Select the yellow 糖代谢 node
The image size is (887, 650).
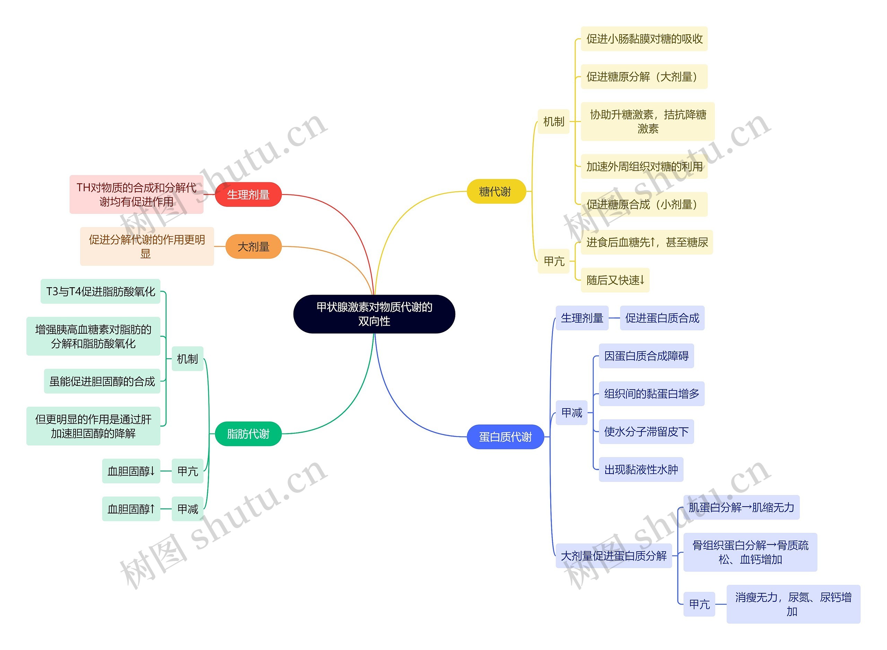[x=495, y=192]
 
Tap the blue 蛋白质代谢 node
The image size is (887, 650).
[x=505, y=437]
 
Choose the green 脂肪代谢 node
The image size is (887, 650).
[x=248, y=433]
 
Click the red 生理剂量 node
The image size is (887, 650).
[x=248, y=194]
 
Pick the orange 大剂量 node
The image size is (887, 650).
[x=253, y=247]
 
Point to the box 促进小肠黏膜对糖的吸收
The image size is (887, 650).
[x=644, y=39]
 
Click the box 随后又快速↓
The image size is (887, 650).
[x=615, y=280]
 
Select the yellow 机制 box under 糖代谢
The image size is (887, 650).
[x=553, y=122]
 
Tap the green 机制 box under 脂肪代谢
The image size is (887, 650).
[x=187, y=359]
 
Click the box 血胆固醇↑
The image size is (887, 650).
[x=131, y=509]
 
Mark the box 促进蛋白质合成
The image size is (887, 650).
[x=662, y=318]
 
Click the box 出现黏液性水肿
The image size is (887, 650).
[x=641, y=469]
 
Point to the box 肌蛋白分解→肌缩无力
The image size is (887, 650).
[x=741, y=508]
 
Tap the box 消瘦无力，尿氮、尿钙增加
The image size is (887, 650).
[x=793, y=604]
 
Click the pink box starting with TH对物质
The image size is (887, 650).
[x=136, y=194]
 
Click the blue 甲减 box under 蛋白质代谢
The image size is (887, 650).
[x=572, y=413]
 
